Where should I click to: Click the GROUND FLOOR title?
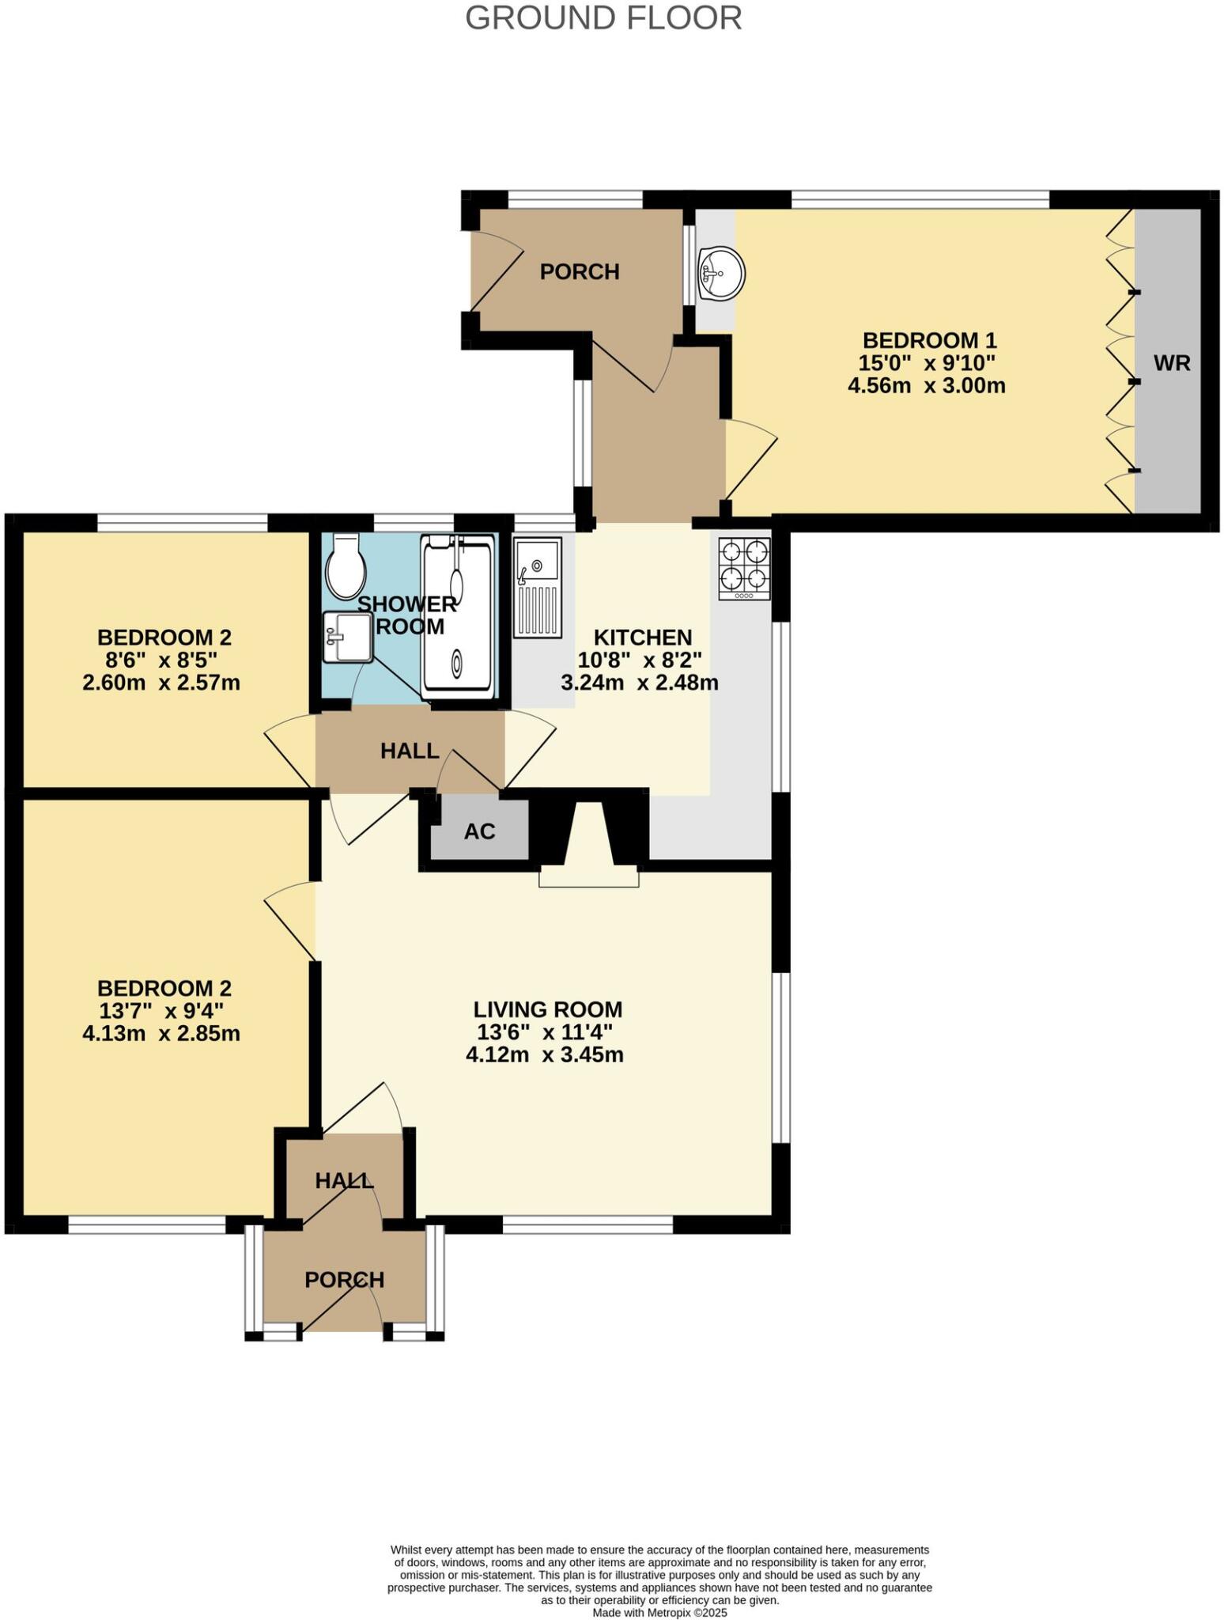tap(603, 18)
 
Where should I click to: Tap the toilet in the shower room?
tap(345, 567)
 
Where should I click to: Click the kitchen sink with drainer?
tap(538, 587)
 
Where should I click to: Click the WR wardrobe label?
tap(1171, 363)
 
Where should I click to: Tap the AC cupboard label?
tap(479, 831)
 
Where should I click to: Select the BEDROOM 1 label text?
tap(929, 341)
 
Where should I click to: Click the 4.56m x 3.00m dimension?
tap(926, 386)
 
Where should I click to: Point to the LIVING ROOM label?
tap(547, 1009)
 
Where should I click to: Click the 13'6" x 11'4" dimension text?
tap(545, 1031)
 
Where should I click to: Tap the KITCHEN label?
tap(642, 637)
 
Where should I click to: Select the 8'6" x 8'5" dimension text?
tap(164, 660)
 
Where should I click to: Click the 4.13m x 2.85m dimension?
tap(161, 1033)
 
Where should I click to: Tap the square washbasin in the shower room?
tap(346, 638)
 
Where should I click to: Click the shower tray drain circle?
tap(457, 663)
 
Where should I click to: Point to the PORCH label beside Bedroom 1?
tap(579, 272)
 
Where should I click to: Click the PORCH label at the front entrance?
tap(344, 1279)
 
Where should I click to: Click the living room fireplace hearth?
tap(588, 877)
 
